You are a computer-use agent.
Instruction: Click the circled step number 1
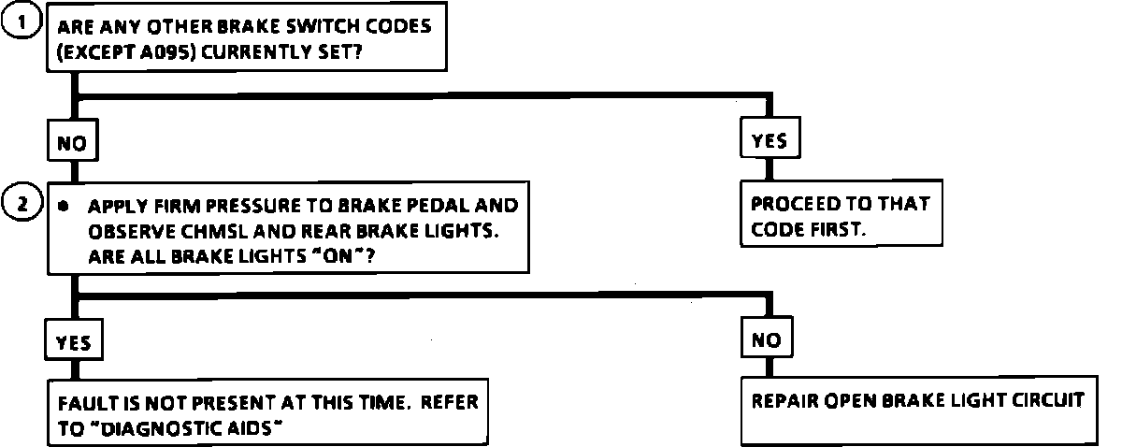22,22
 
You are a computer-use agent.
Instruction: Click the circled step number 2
22,203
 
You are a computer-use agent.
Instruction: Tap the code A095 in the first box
167,51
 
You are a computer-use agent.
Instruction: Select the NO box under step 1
73,140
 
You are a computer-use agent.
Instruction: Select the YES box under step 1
770,137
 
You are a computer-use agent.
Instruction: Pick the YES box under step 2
74,339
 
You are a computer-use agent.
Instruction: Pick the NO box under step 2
767,338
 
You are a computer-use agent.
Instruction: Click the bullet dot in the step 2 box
63,206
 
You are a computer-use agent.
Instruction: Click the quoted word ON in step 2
338,256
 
